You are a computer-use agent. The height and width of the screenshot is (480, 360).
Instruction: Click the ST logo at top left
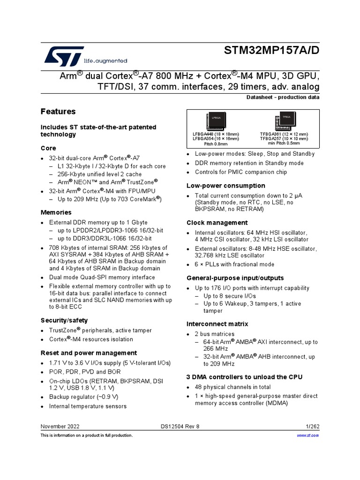(x=64, y=55)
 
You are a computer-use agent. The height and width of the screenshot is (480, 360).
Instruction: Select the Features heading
(x=58, y=112)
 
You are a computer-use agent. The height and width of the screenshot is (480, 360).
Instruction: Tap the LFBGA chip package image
(x=215, y=121)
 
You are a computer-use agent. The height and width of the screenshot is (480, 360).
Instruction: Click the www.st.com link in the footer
(x=308, y=435)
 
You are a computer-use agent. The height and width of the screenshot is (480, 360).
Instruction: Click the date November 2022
(x=60, y=426)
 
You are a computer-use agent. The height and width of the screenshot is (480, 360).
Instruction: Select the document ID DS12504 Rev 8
(x=180, y=426)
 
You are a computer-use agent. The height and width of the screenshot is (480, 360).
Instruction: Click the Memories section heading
(x=56, y=212)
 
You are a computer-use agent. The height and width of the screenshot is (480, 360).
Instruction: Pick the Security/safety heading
(x=64, y=320)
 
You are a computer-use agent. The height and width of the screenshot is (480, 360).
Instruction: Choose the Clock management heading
(x=217, y=223)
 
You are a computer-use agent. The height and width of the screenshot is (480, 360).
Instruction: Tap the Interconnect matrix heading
(x=217, y=324)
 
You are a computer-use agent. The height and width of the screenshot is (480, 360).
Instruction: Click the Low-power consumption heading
(x=226, y=186)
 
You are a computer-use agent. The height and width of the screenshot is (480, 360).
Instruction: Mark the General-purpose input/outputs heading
(x=235, y=278)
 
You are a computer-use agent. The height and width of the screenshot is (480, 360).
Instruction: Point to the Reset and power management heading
(x=89, y=352)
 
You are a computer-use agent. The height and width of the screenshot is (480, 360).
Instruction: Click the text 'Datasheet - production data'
(x=283, y=97)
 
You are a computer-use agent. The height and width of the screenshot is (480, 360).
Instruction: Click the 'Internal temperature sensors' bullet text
(x=88, y=406)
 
